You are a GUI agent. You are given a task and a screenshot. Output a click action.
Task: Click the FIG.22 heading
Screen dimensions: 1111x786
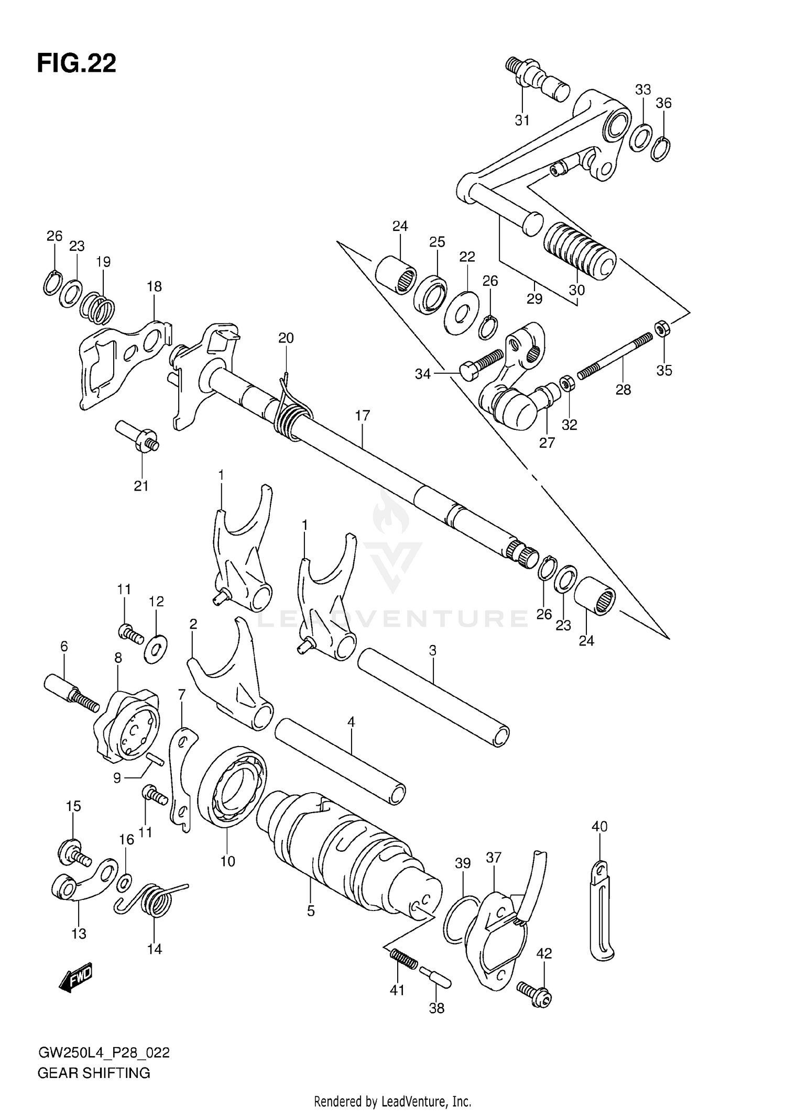pyautogui.click(x=77, y=63)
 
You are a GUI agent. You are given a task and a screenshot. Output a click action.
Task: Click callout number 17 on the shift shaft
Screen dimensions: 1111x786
pyautogui.click(x=362, y=416)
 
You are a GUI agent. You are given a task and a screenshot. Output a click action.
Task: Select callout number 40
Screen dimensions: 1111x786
pyautogui.click(x=599, y=827)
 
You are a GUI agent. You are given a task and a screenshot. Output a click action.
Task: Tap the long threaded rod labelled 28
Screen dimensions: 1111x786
pyautogui.click(x=616, y=357)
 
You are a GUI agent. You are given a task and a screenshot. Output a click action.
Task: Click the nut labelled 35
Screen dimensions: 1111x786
pyautogui.click(x=661, y=328)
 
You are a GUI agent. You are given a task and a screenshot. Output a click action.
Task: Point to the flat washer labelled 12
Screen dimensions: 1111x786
pyautogui.click(x=156, y=650)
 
